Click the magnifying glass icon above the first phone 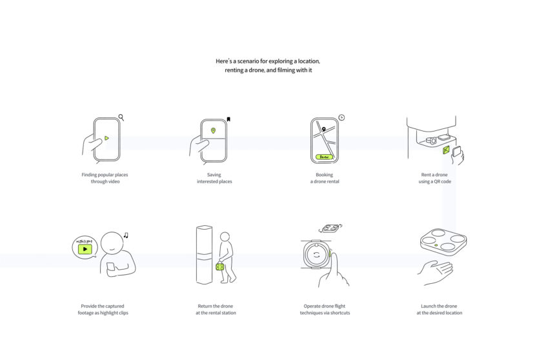click(x=121, y=117)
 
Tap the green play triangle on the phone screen click(x=106, y=138)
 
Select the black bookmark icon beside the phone click(x=228, y=119)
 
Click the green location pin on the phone click(x=213, y=131)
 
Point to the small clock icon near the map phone click(x=341, y=117)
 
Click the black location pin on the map click(x=323, y=129)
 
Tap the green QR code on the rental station click(x=445, y=150)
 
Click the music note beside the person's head click(x=126, y=235)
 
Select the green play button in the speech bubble click(x=85, y=249)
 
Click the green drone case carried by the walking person click(x=220, y=266)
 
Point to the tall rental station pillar click(x=204, y=255)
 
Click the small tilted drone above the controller click(x=330, y=228)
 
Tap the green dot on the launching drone click(x=436, y=245)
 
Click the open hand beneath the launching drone click(x=436, y=272)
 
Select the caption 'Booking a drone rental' click(x=325, y=178)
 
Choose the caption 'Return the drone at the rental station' click(x=216, y=309)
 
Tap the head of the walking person click(x=225, y=237)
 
